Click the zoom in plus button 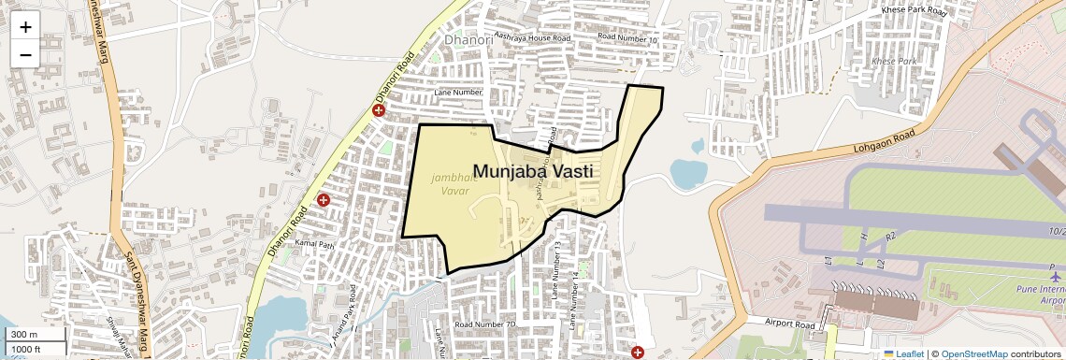pos(25,27)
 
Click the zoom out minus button pos(25,54)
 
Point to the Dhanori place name pos(467,40)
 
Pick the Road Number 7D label pos(485,324)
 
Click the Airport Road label pos(791,323)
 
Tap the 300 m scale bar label pos(24,335)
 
